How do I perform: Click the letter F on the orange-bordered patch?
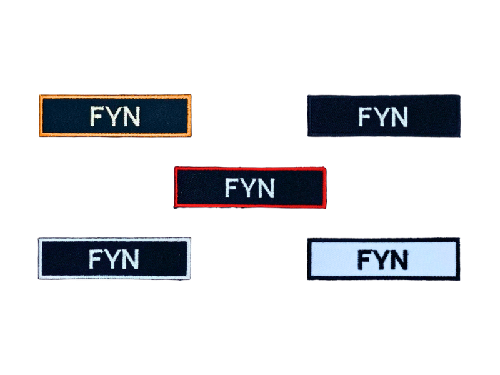tap(97, 116)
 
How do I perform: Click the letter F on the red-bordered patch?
tap(232, 187)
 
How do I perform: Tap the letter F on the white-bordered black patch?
tap(96, 259)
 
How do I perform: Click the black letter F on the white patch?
tap(364, 259)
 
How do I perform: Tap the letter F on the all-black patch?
tap(365, 117)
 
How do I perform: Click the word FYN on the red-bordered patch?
tap(250, 188)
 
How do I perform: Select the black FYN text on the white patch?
tap(383, 260)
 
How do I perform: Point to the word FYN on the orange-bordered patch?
tap(115, 116)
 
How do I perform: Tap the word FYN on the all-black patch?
tap(383, 117)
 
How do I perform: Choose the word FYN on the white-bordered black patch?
tap(114, 259)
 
